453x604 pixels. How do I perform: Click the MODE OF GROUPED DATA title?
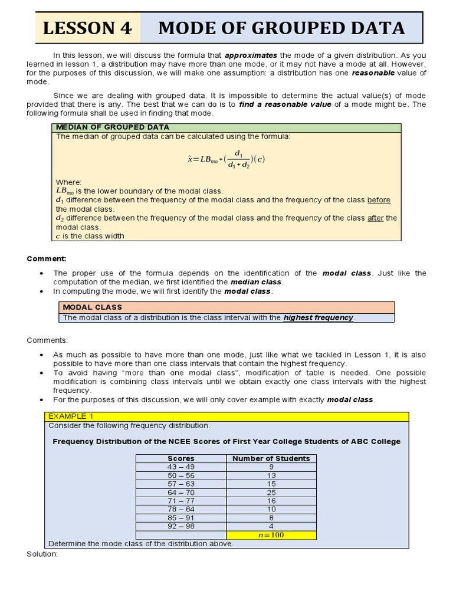pyautogui.click(x=281, y=28)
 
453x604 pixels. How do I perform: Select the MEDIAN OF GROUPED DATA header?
pyautogui.click(x=112, y=127)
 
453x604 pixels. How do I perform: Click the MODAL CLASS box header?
pyautogui.click(x=93, y=307)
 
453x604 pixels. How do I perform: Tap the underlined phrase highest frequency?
pyautogui.click(x=319, y=317)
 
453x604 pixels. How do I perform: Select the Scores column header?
pyautogui.click(x=180, y=458)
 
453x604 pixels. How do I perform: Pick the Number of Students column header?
pyautogui.click(x=271, y=458)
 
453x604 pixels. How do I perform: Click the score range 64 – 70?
pyautogui.click(x=180, y=492)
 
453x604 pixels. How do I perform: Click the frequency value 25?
pyautogui.click(x=271, y=492)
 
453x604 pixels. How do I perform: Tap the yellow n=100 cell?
pyautogui.click(x=271, y=535)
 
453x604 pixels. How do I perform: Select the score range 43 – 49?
pyautogui.click(x=180, y=467)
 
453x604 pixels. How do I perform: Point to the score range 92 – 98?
pyautogui.click(x=180, y=526)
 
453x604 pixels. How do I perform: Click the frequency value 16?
pyautogui.click(x=271, y=501)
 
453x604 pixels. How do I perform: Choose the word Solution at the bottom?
pyautogui.click(x=42, y=554)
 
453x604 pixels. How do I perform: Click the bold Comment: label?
pyautogui.click(x=47, y=258)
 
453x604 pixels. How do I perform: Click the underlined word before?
pyautogui.click(x=379, y=200)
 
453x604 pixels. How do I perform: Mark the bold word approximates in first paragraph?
pyautogui.click(x=251, y=55)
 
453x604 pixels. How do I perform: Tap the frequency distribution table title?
pyautogui.click(x=226, y=441)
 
